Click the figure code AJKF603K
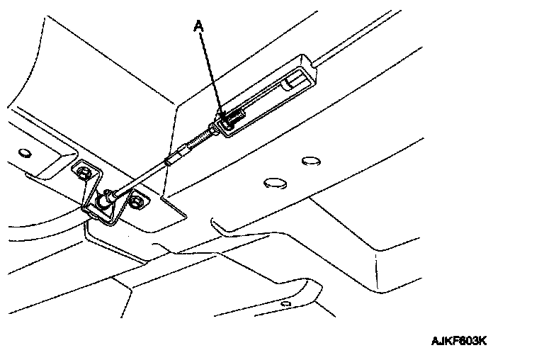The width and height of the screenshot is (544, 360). [459, 340]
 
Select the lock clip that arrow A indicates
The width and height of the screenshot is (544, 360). [229, 120]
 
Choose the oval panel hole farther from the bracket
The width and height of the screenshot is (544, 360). [309, 162]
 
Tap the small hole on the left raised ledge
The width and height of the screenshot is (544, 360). [25, 152]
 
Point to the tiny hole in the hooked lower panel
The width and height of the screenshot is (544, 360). [285, 303]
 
